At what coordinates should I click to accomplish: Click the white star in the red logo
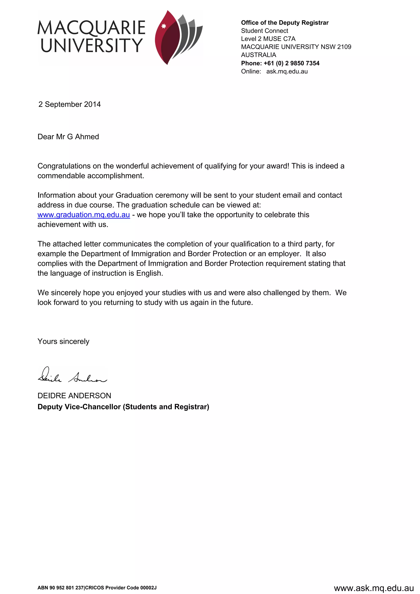[x=163, y=26]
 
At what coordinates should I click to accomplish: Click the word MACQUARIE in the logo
[x=91, y=28]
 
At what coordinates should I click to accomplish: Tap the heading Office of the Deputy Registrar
[x=284, y=23]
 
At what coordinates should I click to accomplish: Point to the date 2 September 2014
[x=70, y=104]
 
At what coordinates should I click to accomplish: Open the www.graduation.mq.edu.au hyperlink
[x=83, y=215]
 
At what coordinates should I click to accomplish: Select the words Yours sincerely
[x=63, y=341]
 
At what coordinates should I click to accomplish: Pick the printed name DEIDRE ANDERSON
[x=74, y=396]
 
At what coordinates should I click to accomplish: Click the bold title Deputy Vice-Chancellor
[x=79, y=407]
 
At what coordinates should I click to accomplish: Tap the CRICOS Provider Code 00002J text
[x=121, y=587]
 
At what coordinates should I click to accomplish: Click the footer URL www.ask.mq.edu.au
[x=374, y=588]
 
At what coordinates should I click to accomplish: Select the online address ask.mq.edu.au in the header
[x=287, y=71]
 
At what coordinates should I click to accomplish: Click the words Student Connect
[x=264, y=31]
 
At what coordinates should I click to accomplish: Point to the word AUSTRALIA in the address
[x=258, y=55]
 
